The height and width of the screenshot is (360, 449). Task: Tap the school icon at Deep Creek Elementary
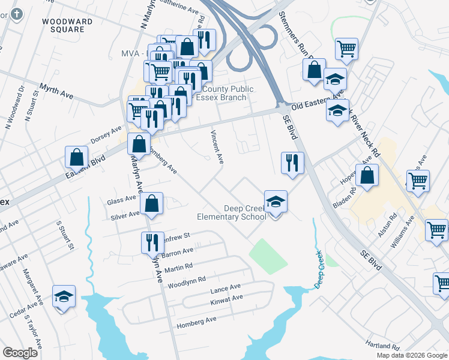276,202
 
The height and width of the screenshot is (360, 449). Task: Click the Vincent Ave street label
217,147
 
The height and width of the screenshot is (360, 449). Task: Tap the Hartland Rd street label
384,346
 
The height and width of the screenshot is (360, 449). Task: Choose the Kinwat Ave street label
226,298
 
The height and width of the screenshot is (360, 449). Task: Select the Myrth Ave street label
56,92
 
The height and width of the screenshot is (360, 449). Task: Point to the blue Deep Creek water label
319,269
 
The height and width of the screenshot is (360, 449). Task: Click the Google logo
20,353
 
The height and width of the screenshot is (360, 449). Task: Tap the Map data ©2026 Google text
412,355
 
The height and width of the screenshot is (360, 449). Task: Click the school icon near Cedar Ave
64,296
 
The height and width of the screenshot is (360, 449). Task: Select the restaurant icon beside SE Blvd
292,163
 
